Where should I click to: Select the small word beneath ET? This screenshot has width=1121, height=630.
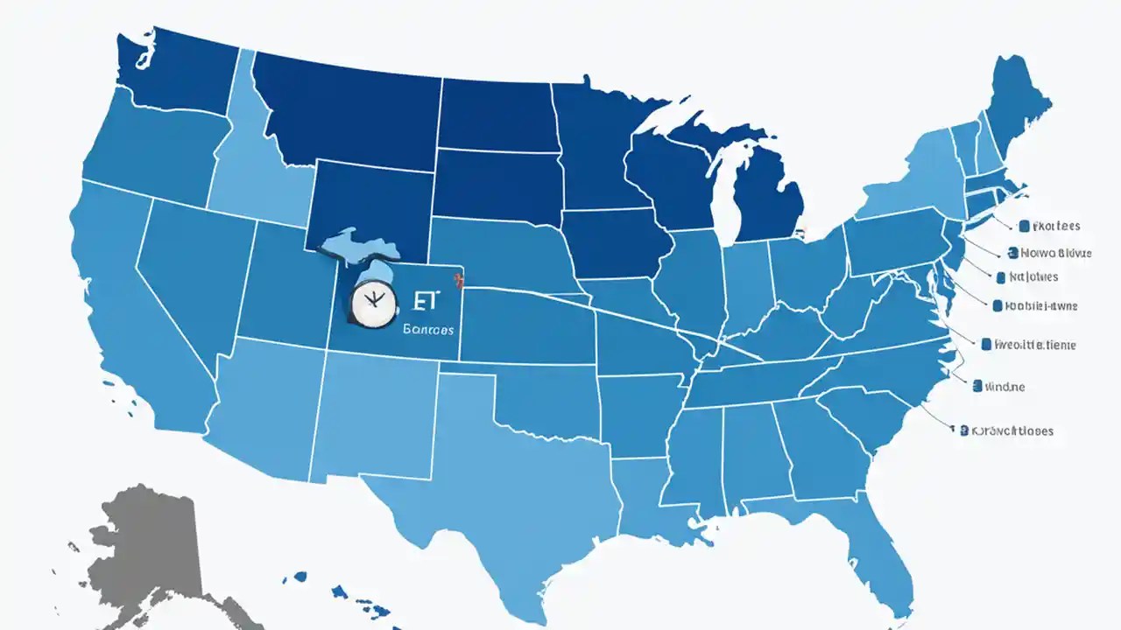(428, 330)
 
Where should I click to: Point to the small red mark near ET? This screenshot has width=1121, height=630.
(455, 281)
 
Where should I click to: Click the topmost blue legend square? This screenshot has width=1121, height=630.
(1024, 226)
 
